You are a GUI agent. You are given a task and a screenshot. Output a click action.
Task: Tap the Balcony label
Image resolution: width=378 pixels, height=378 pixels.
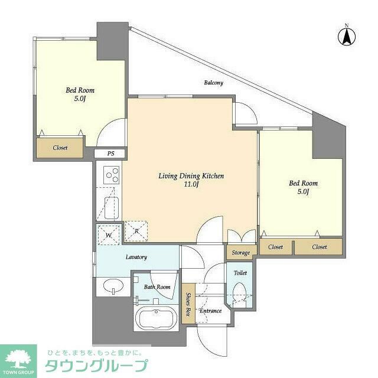pyautogui.click(x=213, y=83)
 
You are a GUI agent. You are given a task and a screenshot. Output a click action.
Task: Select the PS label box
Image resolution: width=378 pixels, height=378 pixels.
pyautogui.click(x=110, y=154)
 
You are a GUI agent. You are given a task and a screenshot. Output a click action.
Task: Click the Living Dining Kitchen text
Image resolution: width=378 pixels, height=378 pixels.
pyautogui.click(x=191, y=176)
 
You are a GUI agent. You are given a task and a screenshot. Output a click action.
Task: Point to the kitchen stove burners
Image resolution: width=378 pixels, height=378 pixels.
pyautogui.click(x=112, y=174)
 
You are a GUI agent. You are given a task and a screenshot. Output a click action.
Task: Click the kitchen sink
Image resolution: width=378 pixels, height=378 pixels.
pyautogui.click(x=112, y=207)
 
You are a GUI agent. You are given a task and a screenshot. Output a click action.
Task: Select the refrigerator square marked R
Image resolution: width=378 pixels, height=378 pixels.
pyautogui.click(x=135, y=232)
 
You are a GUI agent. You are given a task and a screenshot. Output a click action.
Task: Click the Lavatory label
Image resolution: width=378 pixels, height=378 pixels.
pyautogui.click(x=136, y=257)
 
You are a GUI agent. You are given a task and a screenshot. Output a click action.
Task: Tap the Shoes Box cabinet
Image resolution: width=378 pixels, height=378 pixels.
pyautogui.click(x=188, y=305)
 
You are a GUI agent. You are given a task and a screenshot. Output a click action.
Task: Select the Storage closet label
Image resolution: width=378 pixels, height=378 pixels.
pyautogui.click(x=240, y=253)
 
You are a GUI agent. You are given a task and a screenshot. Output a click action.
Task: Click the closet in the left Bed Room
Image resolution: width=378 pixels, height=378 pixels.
pyautogui.click(x=60, y=148)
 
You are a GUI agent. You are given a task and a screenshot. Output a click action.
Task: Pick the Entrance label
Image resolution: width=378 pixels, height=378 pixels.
pyautogui.click(x=210, y=311)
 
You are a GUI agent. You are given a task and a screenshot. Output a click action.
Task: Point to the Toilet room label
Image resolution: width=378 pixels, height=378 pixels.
pyautogui.click(x=240, y=273)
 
